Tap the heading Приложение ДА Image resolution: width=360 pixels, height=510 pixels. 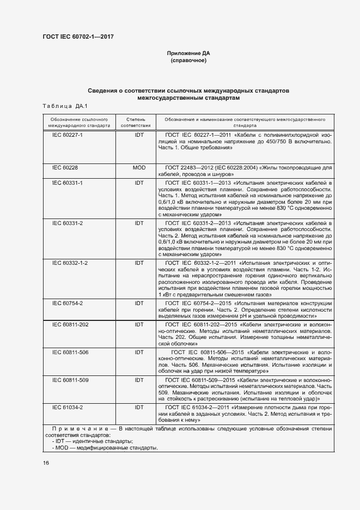pyautogui.click(x=188, y=53)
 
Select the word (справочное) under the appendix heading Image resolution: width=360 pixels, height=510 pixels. pyautogui.click(x=188, y=60)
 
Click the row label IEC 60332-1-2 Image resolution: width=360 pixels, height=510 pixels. pyautogui.click(x=70, y=263)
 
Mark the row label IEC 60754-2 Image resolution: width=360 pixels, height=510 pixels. pyautogui.click(x=67, y=303)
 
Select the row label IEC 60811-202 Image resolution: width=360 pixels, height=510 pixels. pyautogui.click(x=70, y=324)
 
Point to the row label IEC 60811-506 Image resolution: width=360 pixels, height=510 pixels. pyautogui.click(x=70, y=353)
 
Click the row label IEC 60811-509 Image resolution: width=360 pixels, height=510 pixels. pyautogui.click(x=70, y=380)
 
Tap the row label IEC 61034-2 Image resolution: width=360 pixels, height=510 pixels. pyautogui.click(x=67, y=407)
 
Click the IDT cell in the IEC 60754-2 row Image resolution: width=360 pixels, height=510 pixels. pyautogui.click(x=139, y=303)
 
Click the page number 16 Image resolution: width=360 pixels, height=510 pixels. pyautogui.click(x=46, y=463)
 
